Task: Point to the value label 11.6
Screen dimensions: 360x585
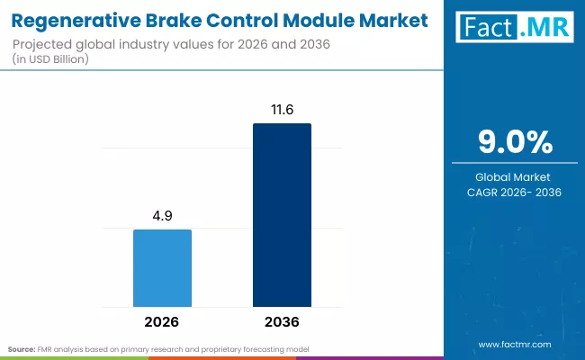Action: coord(282,109)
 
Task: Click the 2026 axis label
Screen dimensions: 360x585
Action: coord(162,321)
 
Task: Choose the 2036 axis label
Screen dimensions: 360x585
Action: coord(282,321)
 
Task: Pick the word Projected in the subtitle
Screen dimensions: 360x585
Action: coord(46,43)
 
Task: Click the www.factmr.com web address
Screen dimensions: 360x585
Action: coord(514,345)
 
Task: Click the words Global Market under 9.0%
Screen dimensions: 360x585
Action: coord(514,176)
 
